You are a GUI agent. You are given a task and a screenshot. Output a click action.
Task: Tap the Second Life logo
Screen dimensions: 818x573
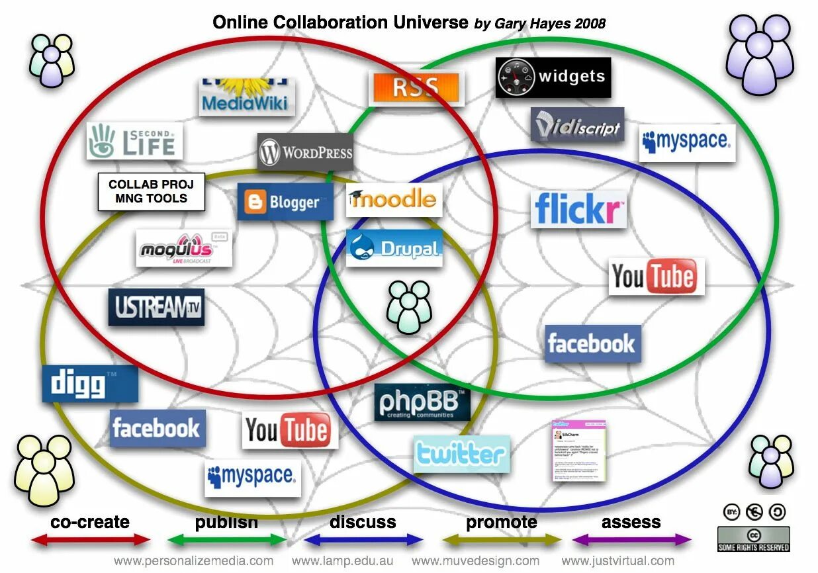click(134, 141)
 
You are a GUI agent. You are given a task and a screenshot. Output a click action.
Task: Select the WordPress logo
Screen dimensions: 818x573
click(305, 152)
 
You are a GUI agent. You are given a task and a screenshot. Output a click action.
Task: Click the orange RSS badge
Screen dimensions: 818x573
click(416, 88)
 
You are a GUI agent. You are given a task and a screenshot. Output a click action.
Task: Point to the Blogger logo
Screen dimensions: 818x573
click(285, 202)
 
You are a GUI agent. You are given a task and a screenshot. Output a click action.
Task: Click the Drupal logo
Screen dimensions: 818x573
click(394, 248)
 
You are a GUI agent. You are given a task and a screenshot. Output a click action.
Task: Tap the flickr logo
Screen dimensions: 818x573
click(578, 209)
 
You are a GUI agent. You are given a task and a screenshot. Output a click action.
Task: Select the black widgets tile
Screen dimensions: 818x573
click(553, 77)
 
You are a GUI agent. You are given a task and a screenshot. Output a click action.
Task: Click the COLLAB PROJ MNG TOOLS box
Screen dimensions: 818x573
click(151, 192)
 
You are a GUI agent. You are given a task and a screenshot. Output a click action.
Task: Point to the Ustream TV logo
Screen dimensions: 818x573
click(156, 307)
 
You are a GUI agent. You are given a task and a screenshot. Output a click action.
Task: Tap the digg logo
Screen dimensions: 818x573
click(90, 384)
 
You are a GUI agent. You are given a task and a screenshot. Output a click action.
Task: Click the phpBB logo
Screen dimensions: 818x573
click(422, 402)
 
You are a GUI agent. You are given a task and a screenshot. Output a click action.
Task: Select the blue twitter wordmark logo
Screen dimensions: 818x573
click(461, 454)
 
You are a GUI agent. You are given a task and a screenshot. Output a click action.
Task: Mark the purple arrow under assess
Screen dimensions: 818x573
click(631, 541)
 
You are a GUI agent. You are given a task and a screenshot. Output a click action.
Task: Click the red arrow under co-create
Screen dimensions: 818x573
click(91, 541)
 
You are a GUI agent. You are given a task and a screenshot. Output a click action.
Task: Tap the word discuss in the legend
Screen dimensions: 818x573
click(363, 522)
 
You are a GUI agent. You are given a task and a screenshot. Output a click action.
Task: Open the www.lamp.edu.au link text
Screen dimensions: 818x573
click(343, 561)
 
